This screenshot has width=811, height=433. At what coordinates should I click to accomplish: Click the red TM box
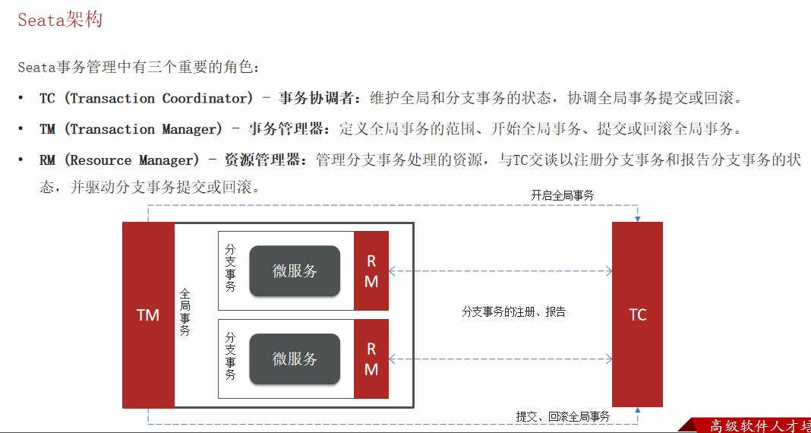click(148, 314)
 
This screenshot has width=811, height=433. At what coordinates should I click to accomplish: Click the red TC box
click(637, 314)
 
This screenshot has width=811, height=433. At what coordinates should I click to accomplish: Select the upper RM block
click(371, 270)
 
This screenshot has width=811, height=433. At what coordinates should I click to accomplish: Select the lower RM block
click(371, 359)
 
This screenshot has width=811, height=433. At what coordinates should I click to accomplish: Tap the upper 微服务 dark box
click(295, 270)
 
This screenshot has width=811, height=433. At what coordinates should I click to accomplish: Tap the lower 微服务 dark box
click(295, 359)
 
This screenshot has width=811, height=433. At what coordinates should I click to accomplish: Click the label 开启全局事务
click(562, 195)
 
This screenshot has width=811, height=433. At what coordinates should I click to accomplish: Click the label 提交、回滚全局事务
click(563, 416)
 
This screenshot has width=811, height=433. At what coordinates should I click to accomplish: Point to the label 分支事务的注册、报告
click(513, 311)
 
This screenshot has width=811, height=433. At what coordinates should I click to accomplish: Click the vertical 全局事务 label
click(185, 311)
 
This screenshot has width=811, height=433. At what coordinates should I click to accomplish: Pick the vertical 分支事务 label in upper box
click(231, 267)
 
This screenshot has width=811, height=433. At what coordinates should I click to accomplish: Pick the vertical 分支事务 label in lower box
click(231, 356)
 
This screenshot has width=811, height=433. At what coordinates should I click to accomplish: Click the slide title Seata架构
click(60, 20)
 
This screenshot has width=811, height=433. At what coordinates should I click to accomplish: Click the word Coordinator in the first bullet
click(206, 98)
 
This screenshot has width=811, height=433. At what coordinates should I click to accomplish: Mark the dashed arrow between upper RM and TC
click(500, 270)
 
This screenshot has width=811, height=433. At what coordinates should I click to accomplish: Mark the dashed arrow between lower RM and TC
click(500, 359)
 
